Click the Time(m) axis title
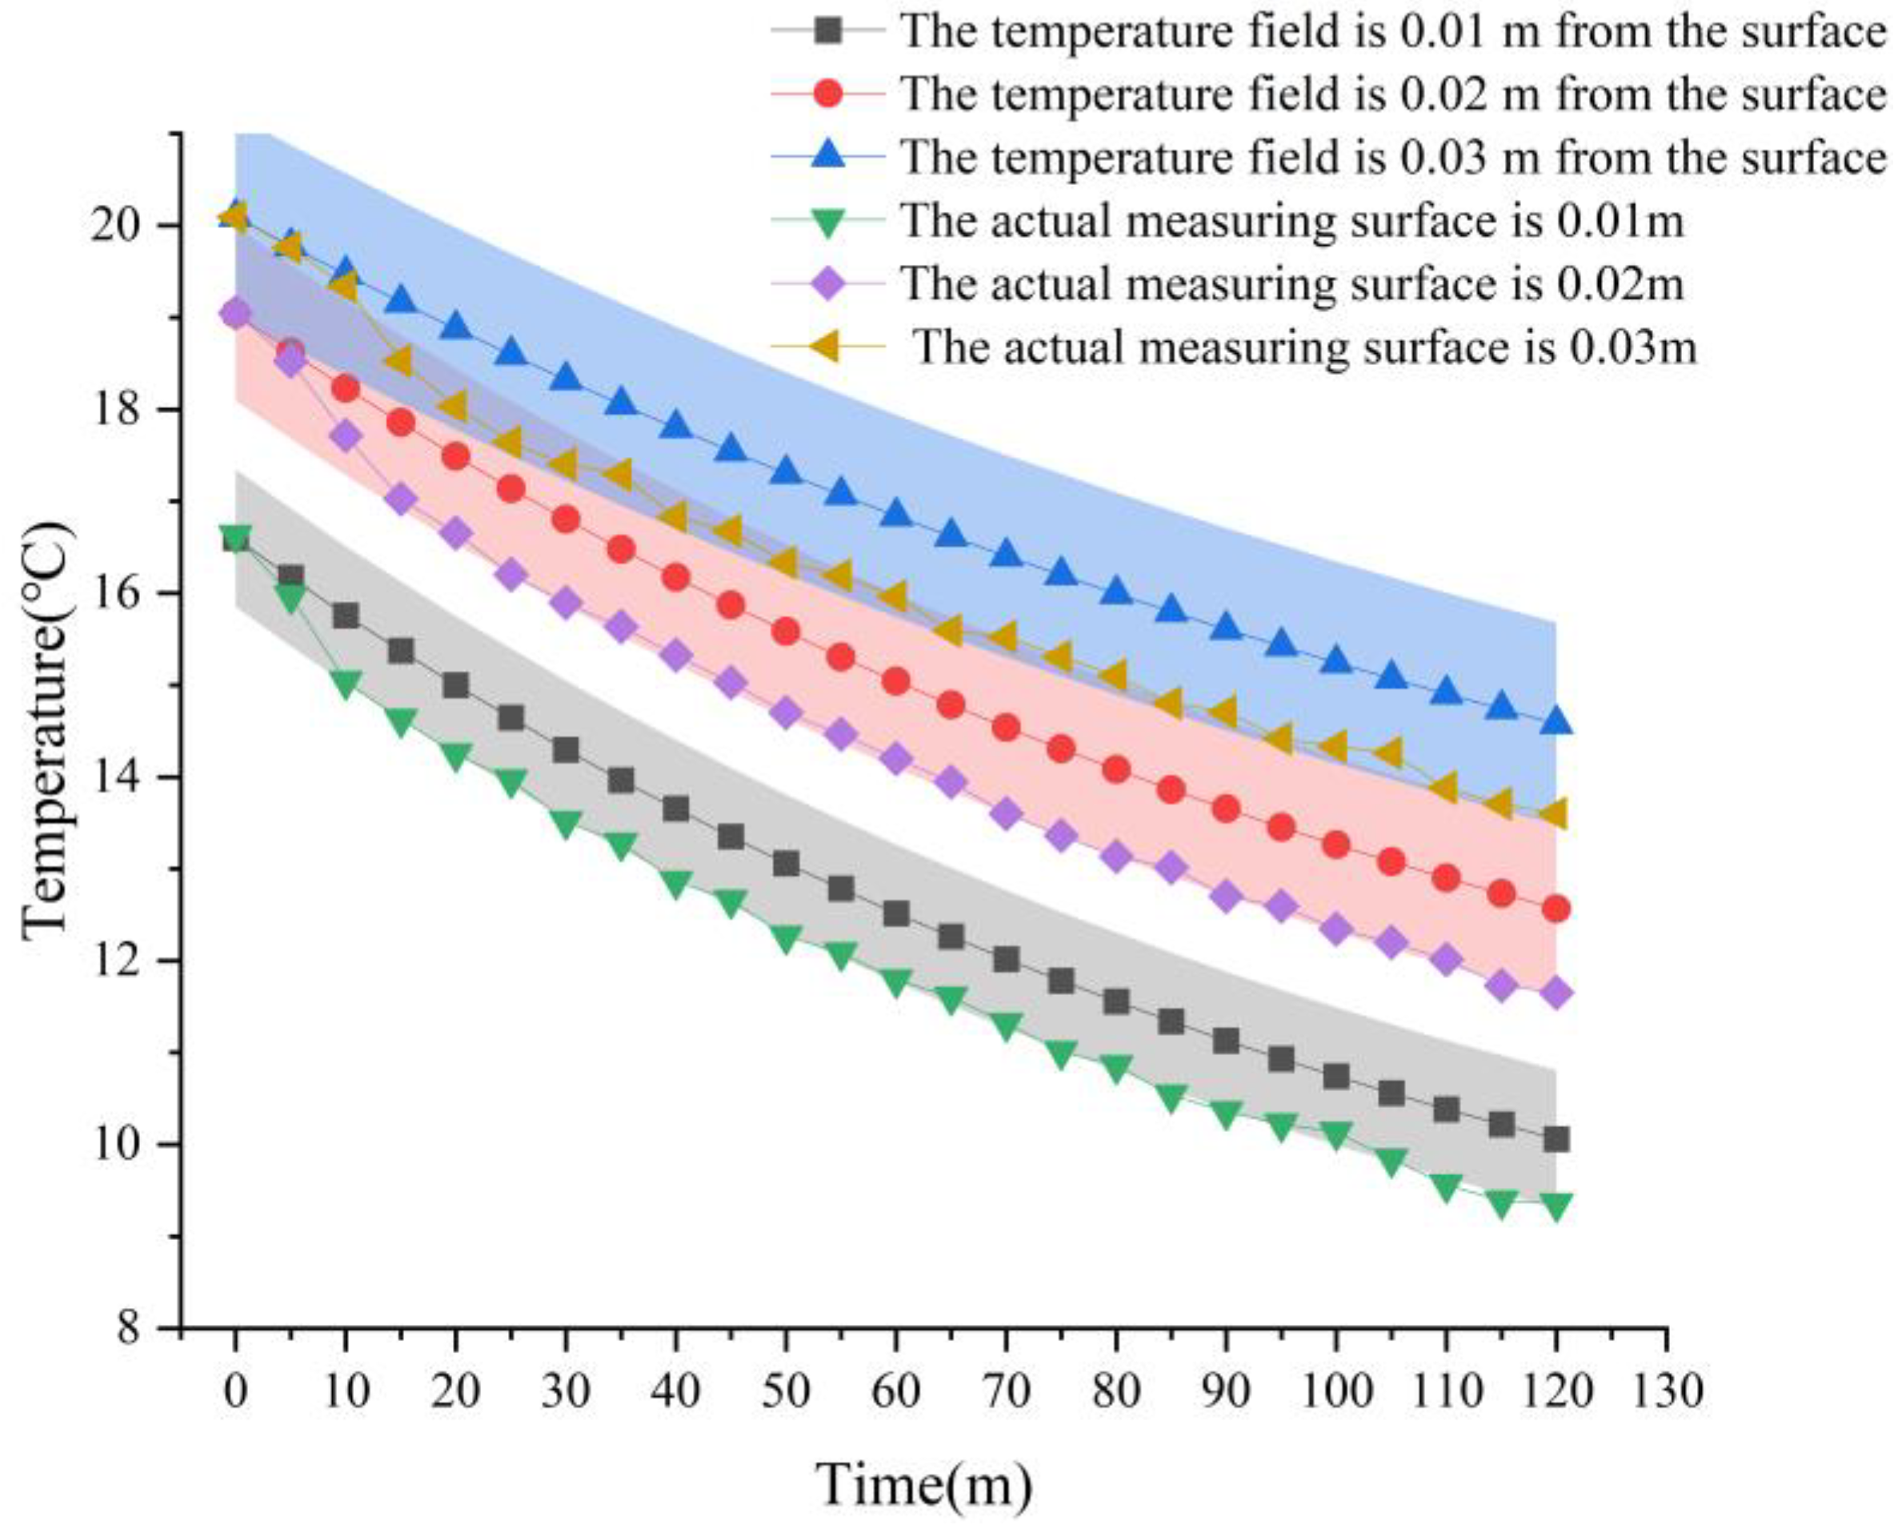(923, 1485)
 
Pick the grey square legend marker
(827, 31)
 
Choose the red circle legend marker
(827, 94)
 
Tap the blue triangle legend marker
(827, 156)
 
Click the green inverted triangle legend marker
(827, 221)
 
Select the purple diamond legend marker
(827, 283)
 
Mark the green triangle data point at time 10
(345, 683)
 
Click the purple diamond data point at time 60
(895, 759)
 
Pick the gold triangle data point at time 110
(1445, 786)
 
